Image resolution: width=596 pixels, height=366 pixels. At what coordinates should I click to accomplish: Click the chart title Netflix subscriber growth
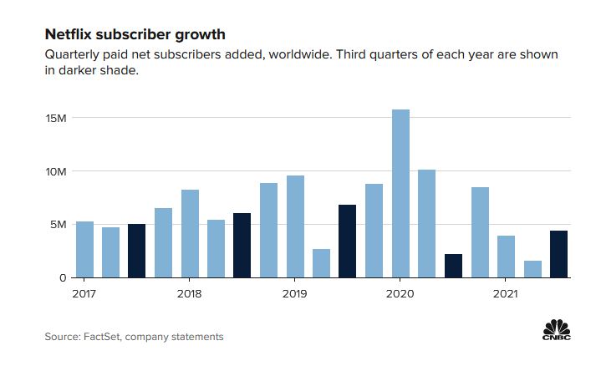[x=135, y=35]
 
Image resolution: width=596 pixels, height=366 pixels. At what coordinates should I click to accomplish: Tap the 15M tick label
[x=56, y=118]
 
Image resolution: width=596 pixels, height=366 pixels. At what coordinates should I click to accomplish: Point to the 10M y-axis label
[x=56, y=171]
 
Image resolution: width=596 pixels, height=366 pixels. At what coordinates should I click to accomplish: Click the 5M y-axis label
[x=58, y=224]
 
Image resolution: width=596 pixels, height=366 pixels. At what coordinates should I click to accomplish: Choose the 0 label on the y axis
[x=63, y=277]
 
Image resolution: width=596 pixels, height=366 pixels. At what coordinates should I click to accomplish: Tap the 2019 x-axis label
[x=295, y=293]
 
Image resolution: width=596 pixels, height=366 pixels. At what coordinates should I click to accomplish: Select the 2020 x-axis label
[x=400, y=293]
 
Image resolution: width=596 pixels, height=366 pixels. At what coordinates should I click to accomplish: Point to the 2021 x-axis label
[x=506, y=293]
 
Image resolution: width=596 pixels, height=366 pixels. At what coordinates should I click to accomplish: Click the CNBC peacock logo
[x=555, y=328]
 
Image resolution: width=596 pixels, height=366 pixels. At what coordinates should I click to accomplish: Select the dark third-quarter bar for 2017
[x=137, y=251]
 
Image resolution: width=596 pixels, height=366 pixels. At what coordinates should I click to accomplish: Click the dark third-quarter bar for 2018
[x=242, y=246]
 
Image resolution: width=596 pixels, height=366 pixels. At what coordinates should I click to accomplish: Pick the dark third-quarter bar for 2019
[x=348, y=241]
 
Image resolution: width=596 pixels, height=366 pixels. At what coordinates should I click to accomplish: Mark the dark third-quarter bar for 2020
[x=453, y=266]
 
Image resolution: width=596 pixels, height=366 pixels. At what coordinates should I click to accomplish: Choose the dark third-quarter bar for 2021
[x=559, y=254]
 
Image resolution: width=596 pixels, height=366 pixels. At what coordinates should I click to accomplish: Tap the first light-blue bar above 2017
[x=84, y=249]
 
